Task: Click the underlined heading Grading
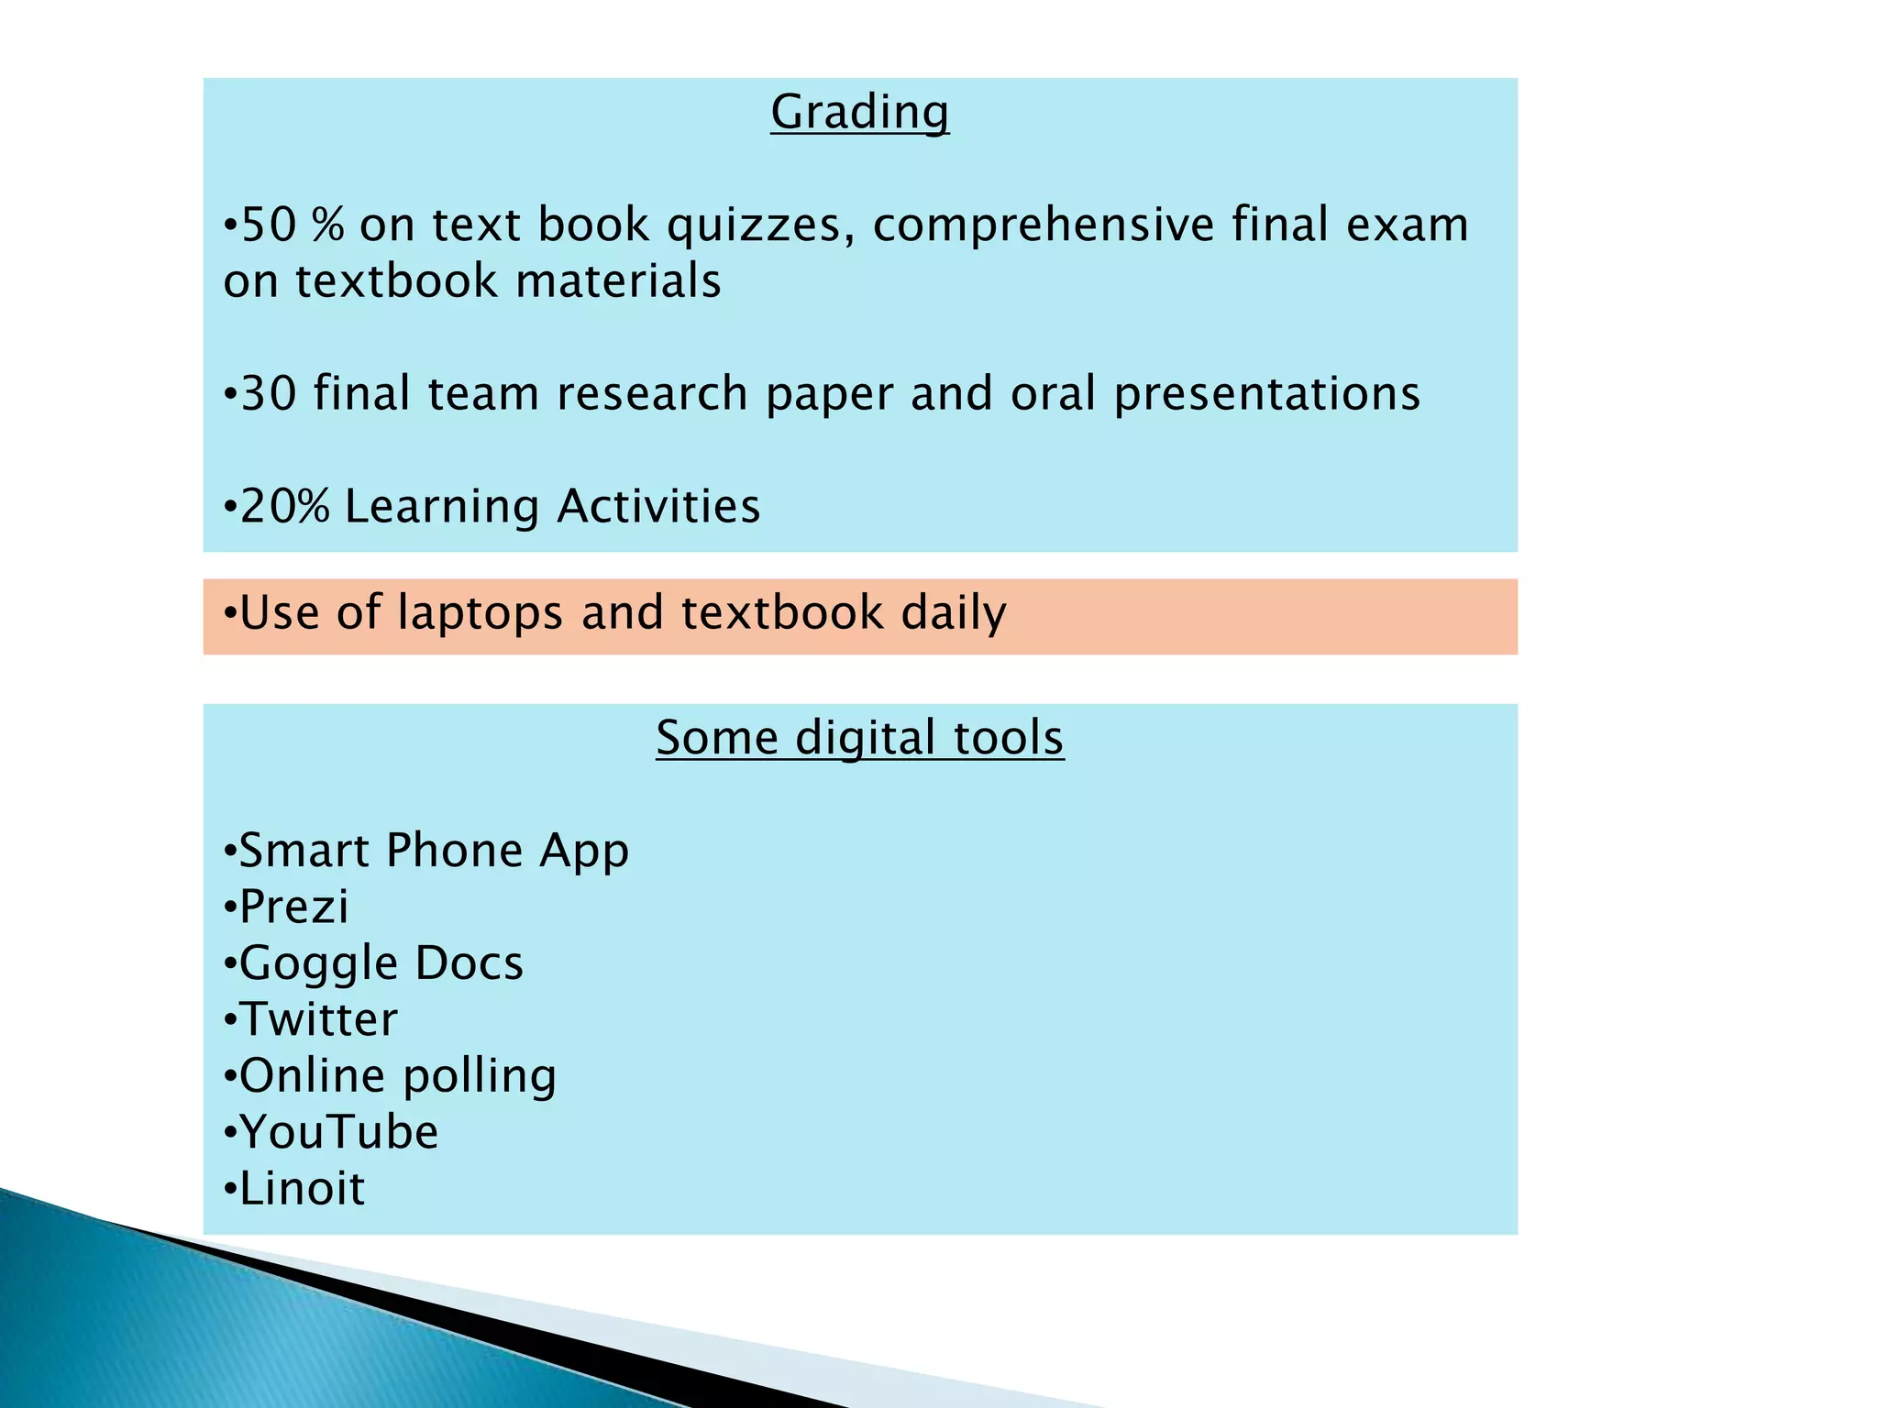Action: pyautogui.click(x=859, y=113)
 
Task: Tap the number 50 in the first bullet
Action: pyautogui.click(x=269, y=225)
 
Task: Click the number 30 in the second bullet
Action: pyautogui.click(x=269, y=394)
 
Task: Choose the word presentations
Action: pyautogui.click(x=1266, y=394)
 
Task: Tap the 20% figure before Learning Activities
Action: pyautogui.click(x=284, y=507)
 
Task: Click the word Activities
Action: pyautogui.click(x=657, y=507)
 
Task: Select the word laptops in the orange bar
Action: pyautogui.click(x=480, y=613)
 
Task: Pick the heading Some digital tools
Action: pyautogui.click(x=859, y=738)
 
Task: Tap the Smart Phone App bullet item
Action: pyautogui.click(x=433, y=851)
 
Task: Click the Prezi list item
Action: pyautogui.click(x=293, y=907)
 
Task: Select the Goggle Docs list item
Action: pyautogui.click(x=381, y=963)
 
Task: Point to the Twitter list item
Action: pyautogui.click(x=318, y=1020)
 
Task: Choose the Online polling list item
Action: pyautogui.click(x=397, y=1076)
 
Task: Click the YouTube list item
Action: pyautogui.click(x=338, y=1133)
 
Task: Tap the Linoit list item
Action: pyautogui.click(x=302, y=1189)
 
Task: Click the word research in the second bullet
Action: pyautogui.click(x=651, y=394)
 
